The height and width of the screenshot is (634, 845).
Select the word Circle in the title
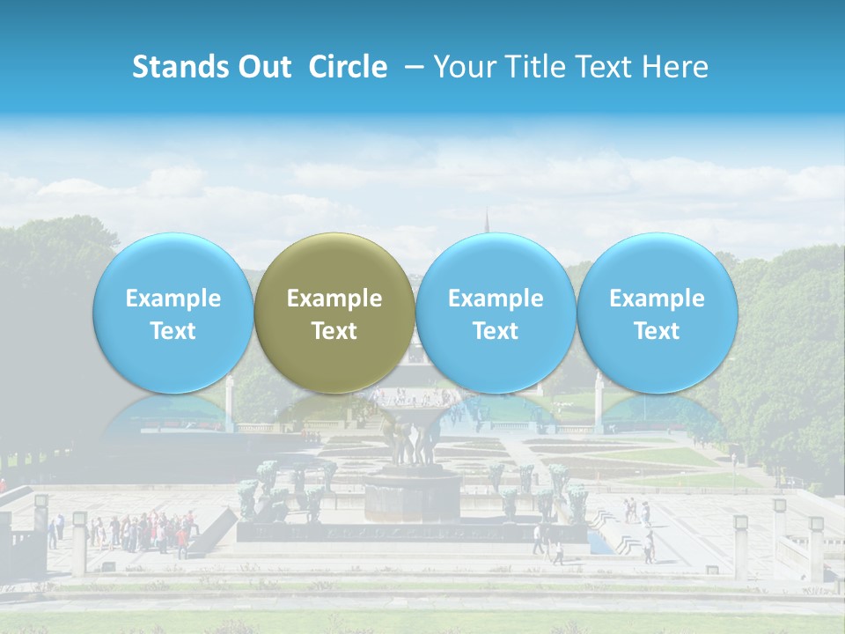pos(348,67)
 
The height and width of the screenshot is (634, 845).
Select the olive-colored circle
pos(334,313)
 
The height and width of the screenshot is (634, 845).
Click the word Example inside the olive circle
pos(334,299)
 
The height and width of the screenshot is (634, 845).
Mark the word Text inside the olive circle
pos(334,331)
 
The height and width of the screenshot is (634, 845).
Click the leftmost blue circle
pos(173,313)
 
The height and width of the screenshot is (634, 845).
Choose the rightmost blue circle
pos(657,313)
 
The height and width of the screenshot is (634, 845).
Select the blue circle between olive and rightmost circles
pos(496,313)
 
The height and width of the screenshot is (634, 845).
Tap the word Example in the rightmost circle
pos(657,299)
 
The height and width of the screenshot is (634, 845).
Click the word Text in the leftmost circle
pos(173,331)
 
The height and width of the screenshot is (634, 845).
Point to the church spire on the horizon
pos(487,220)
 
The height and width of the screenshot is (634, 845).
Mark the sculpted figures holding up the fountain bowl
pos(412,444)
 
